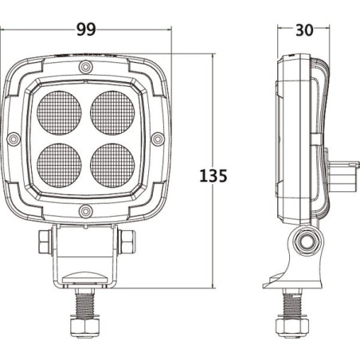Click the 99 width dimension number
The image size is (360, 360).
point(86,29)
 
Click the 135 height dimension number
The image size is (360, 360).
point(213,176)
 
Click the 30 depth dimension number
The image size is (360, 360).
point(304,30)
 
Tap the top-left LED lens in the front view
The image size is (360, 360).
point(59,113)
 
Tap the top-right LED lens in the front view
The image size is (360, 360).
point(112,113)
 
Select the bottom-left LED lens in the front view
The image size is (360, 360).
point(59,166)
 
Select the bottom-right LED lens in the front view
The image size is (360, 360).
point(112,166)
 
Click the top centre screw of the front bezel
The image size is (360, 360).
point(86,67)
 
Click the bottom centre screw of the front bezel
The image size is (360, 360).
point(86,211)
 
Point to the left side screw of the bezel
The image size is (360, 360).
point(14,139)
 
